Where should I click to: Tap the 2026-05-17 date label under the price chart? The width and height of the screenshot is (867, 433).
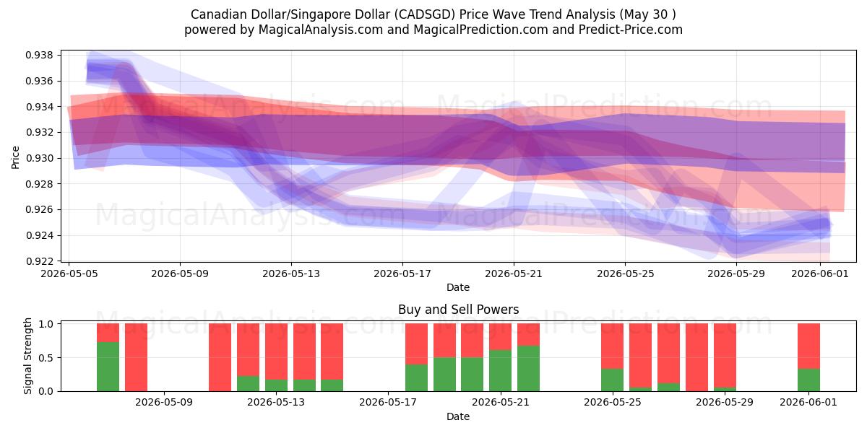click(402, 274)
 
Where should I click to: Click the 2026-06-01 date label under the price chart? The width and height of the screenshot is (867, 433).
click(820, 274)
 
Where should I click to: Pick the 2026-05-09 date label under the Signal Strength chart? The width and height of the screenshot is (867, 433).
click(164, 402)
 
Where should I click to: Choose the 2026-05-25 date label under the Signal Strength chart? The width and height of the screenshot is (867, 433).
click(613, 402)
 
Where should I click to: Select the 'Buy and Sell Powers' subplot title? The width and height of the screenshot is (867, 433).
click(458, 310)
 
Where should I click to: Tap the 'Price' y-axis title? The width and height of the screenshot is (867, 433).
click(15, 157)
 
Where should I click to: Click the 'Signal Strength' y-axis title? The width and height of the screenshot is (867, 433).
click(27, 356)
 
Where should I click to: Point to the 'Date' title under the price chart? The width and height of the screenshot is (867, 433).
click(458, 287)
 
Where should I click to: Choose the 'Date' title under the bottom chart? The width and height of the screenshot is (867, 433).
click(458, 416)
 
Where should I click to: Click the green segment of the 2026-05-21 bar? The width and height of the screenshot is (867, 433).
click(501, 370)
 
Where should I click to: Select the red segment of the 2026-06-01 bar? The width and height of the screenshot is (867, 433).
click(809, 346)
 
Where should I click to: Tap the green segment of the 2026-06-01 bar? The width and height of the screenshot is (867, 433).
click(809, 380)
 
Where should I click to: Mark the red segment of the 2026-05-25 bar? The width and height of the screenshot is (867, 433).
click(613, 346)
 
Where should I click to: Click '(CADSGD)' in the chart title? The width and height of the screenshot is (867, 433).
click(424, 14)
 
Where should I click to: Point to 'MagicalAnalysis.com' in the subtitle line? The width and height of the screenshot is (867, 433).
click(321, 30)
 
